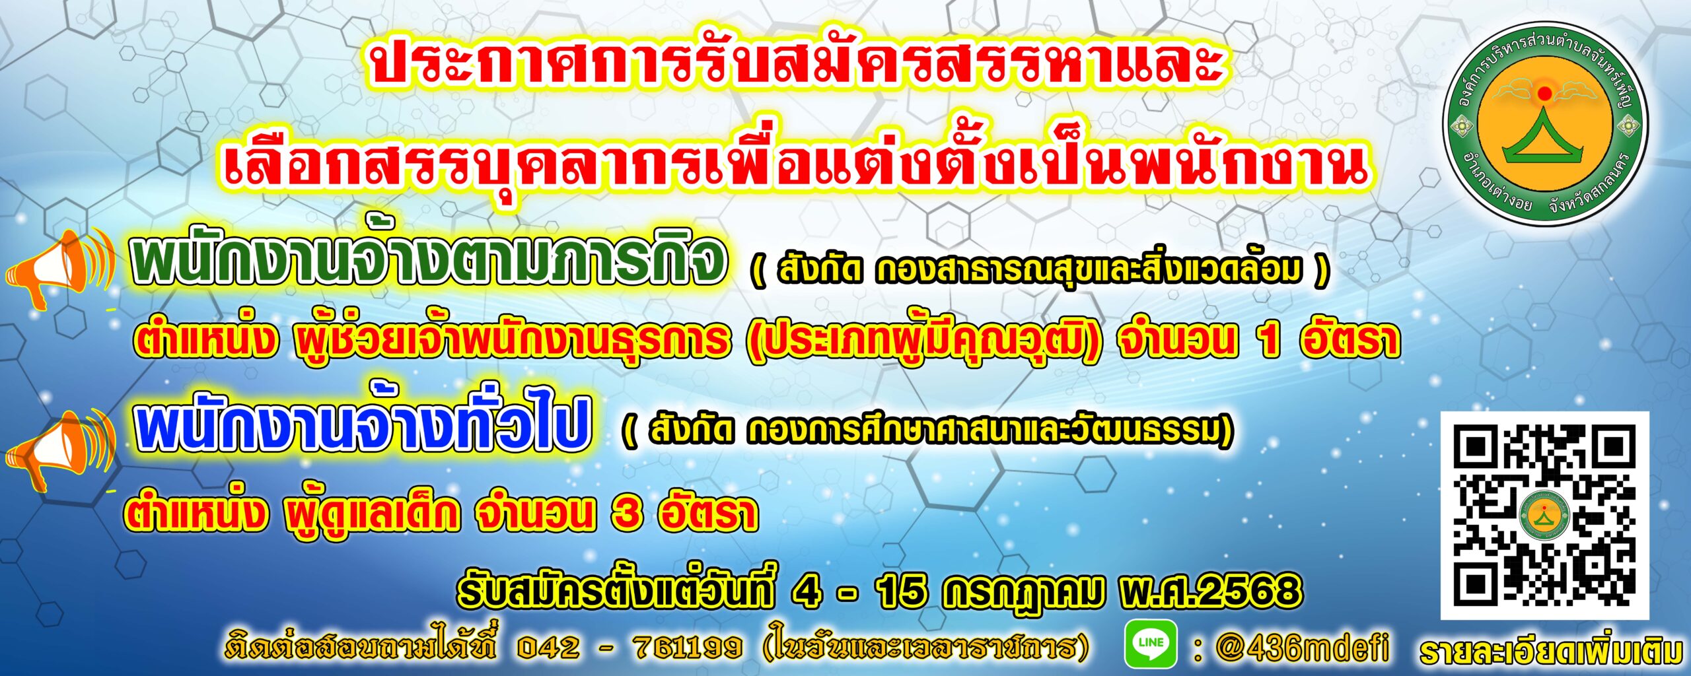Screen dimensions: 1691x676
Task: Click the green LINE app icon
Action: pos(1151,643)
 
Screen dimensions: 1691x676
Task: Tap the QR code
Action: pos(1544,516)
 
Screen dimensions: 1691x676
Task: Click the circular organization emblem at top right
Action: pos(1544,123)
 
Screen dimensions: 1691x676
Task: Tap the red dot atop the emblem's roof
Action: pos(1544,93)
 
